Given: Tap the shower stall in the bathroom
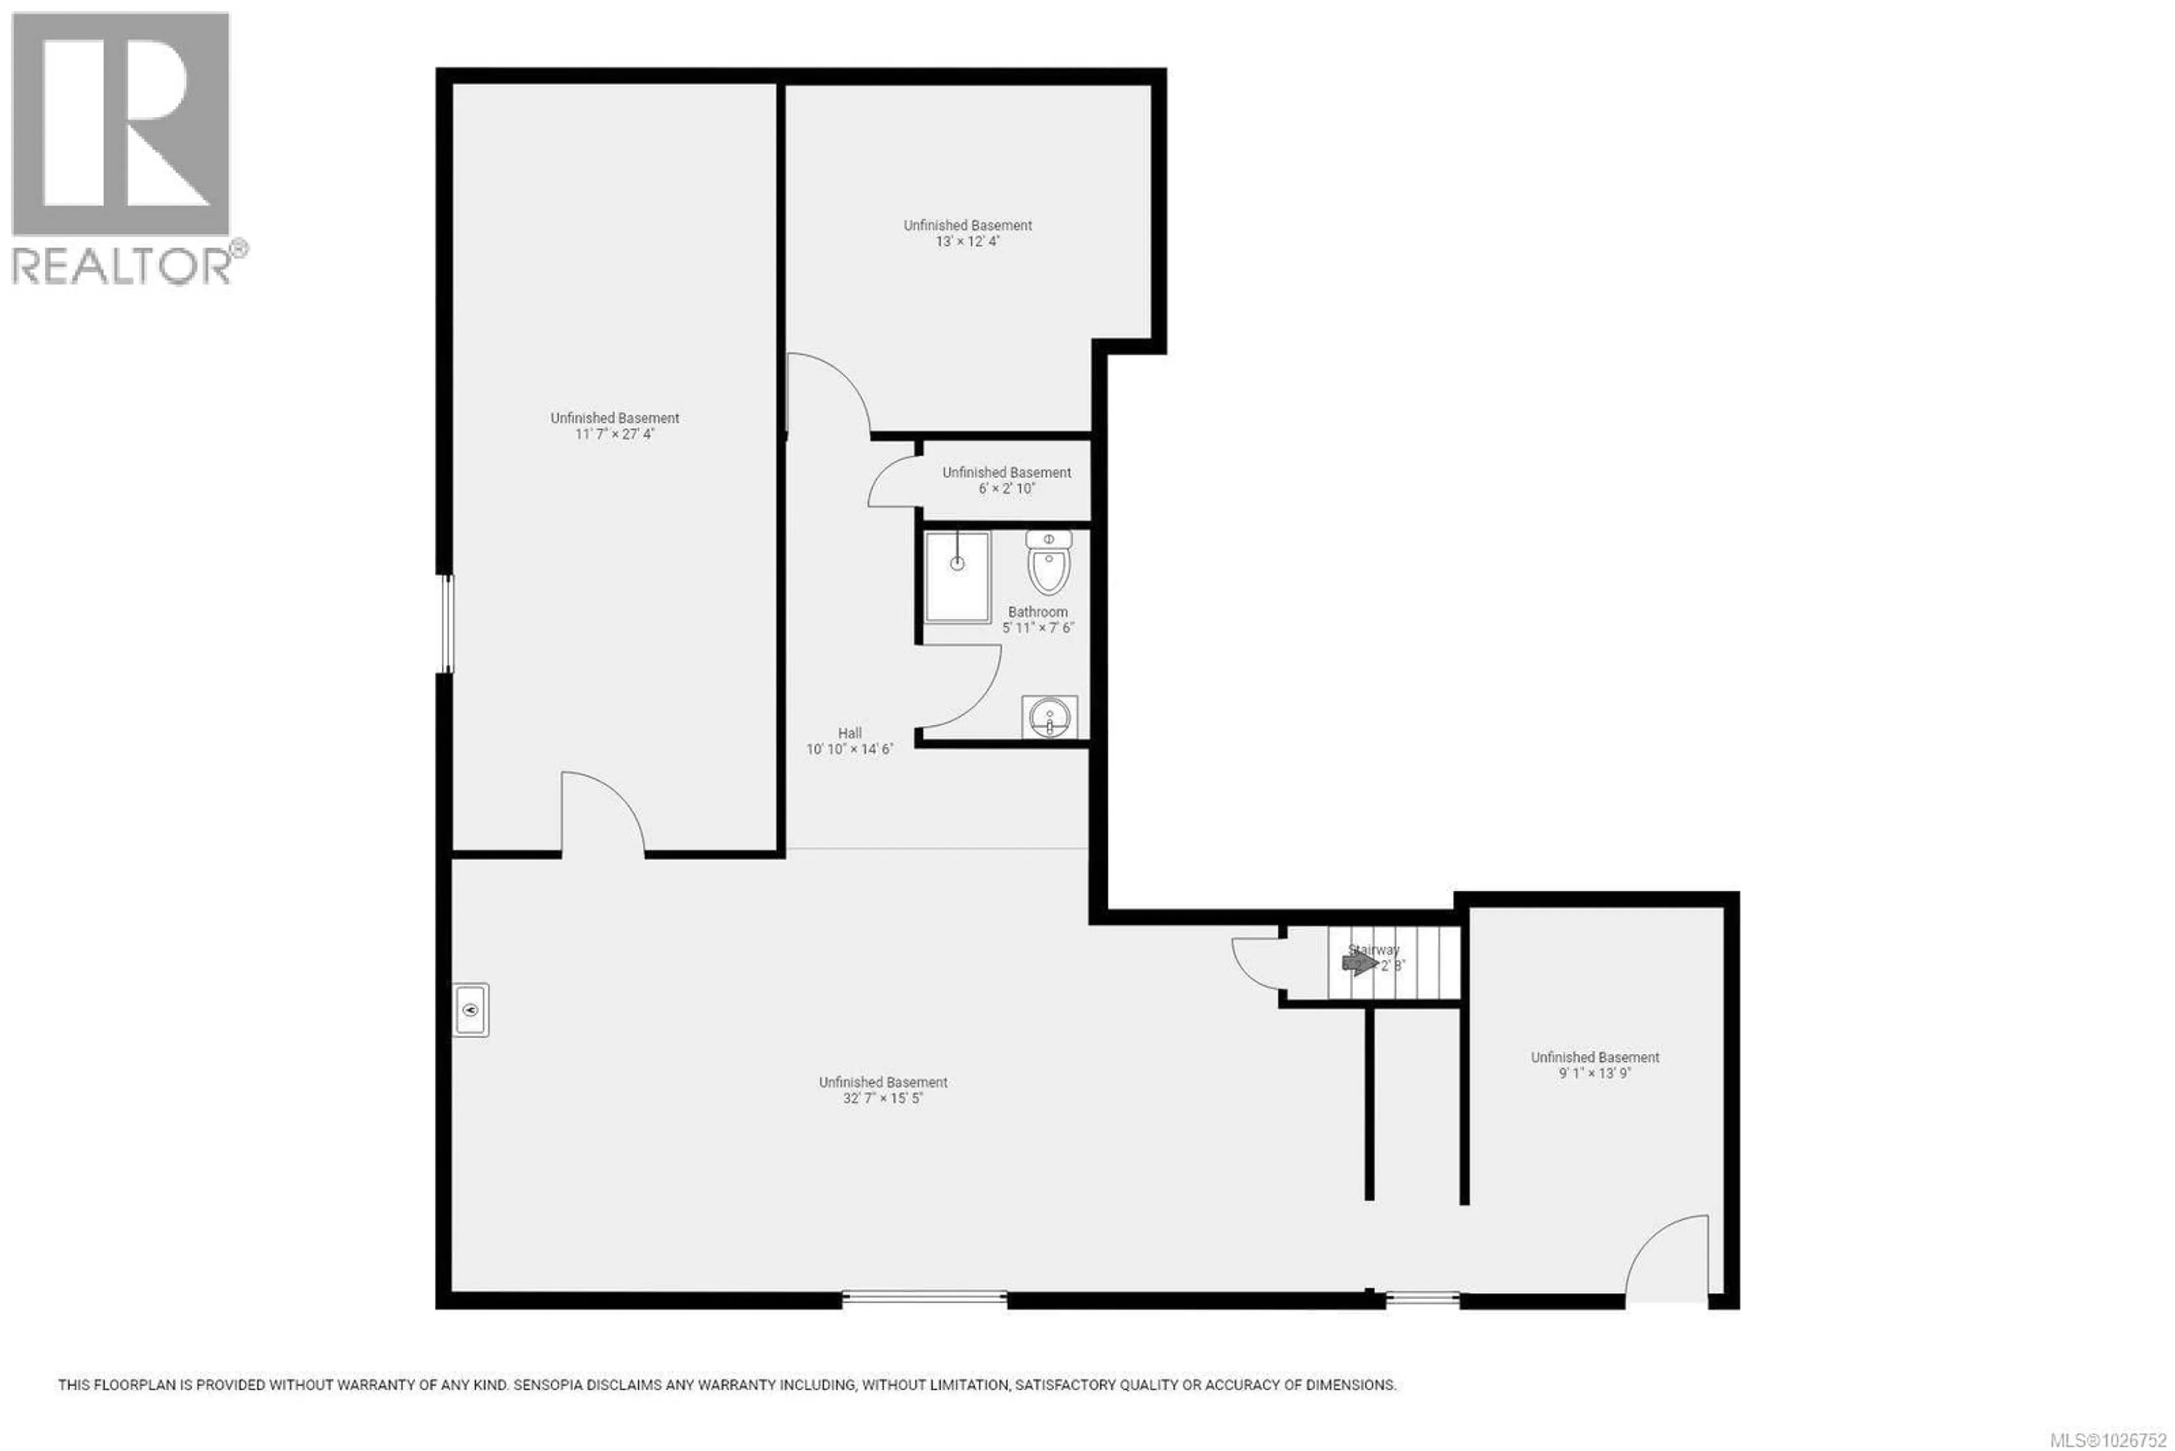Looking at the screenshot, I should pos(958,576).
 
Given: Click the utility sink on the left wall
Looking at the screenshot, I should pos(471,1009).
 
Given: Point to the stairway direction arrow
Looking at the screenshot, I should pos(1359,964).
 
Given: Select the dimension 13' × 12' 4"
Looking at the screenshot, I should pos(967,241).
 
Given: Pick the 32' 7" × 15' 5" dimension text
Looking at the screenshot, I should pos(884,1099).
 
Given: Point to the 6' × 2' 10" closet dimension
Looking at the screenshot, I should pos(1007,488).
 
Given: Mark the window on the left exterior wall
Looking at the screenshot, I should pos(446,623).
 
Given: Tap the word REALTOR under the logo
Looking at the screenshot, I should pos(120,266).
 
